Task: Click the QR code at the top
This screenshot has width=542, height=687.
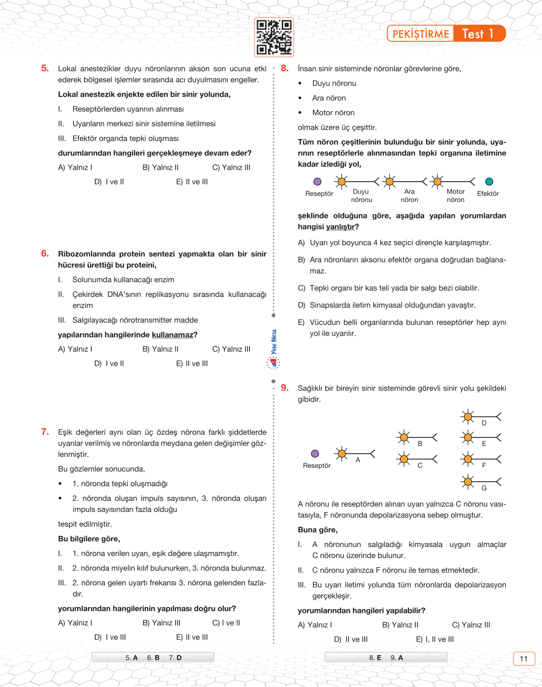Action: (274, 37)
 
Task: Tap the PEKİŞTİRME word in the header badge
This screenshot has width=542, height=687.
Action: (420, 34)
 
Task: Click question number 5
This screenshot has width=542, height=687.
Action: (45, 68)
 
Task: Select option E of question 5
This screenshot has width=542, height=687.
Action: (192, 182)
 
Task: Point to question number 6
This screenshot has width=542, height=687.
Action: (45, 254)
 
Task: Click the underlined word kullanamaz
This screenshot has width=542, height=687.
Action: (172, 335)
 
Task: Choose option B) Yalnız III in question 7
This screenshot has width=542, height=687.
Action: (161, 623)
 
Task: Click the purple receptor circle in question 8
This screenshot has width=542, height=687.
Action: (318, 182)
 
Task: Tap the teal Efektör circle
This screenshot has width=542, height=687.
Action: (489, 182)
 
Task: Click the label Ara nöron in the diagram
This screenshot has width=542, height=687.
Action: (409, 196)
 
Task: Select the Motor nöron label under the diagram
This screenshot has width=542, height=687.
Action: (456, 196)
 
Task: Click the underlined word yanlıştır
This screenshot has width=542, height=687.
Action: (340, 227)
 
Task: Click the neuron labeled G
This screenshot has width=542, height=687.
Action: (480, 482)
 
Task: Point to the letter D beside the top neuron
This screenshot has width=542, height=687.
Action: (484, 423)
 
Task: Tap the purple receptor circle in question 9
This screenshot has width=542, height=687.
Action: (315, 453)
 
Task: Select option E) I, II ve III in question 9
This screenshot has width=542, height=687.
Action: (434, 639)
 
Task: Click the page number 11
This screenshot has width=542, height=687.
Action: (524, 658)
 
